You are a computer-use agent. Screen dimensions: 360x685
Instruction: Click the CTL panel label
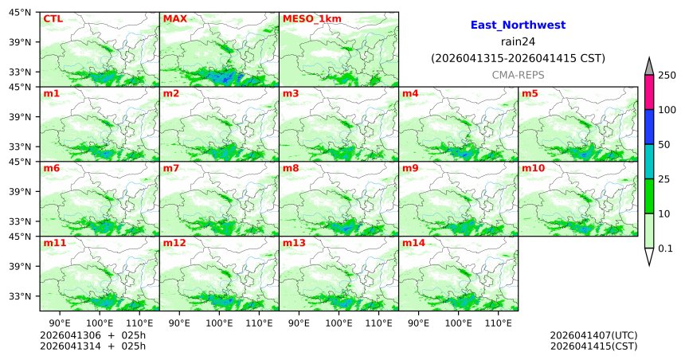tap(53, 18)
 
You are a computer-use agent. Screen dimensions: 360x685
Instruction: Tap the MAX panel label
tap(174, 18)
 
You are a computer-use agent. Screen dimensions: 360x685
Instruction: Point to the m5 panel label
tap(529, 93)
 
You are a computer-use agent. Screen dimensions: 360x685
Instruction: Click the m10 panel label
tap(533, 168)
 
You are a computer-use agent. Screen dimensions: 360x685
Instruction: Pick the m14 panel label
tap(413, 243)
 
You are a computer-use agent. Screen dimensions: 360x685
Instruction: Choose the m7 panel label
tap(170, 168)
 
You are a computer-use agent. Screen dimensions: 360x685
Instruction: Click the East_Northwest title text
tap(518, 25)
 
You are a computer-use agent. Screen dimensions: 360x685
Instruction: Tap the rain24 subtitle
tap(518, 41)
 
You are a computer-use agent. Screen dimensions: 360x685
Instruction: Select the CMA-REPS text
tap(518, 74)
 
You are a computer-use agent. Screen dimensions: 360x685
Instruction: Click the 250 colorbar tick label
tap(668, 76)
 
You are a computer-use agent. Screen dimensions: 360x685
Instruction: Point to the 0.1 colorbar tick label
tap(668, 248)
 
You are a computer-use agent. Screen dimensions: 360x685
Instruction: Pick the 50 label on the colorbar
tap(665, 145)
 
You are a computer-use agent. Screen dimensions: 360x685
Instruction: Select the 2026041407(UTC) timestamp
tap(593, 335)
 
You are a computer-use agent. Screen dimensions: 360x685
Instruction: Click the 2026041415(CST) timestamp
tap(593, 346)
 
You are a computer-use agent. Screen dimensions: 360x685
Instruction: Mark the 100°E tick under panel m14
tap(458, 323)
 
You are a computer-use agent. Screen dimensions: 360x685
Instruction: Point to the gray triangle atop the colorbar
tap(649, 67)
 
